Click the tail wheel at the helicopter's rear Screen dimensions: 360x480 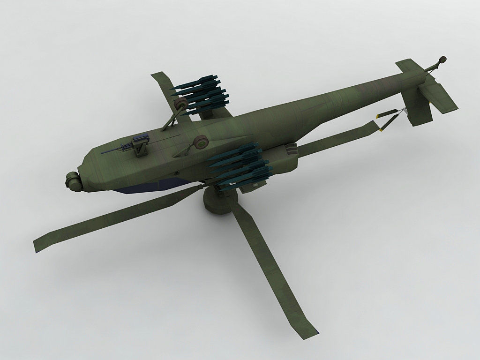(x=441, y=60)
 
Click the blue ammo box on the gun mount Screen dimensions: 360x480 (x=139, y=138)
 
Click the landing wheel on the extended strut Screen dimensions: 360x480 (x=179, y=105)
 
